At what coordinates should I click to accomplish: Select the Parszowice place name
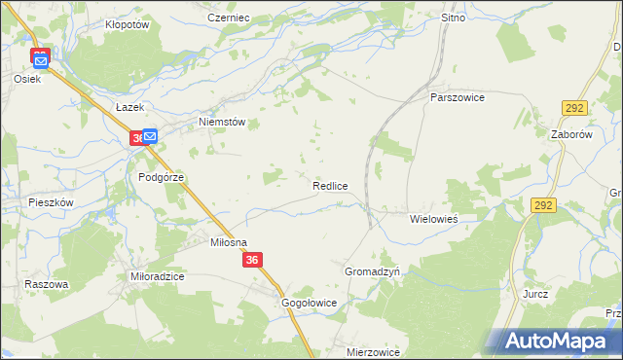pos(458,97)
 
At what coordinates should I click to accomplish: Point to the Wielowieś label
pos(433,219)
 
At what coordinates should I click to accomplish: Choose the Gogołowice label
pos(309,303)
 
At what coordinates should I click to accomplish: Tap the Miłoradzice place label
pos(158,276)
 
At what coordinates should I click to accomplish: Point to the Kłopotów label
pos(127,25)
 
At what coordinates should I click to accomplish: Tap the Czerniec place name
pos(229,18)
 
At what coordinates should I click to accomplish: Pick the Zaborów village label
pos(571,135)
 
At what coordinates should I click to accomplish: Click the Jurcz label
pos(535,293)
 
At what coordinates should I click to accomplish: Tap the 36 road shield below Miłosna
pos(253,260)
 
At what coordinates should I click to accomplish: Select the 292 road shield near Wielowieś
pos(543,205)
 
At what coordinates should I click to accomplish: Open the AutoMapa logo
pos(558,341)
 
